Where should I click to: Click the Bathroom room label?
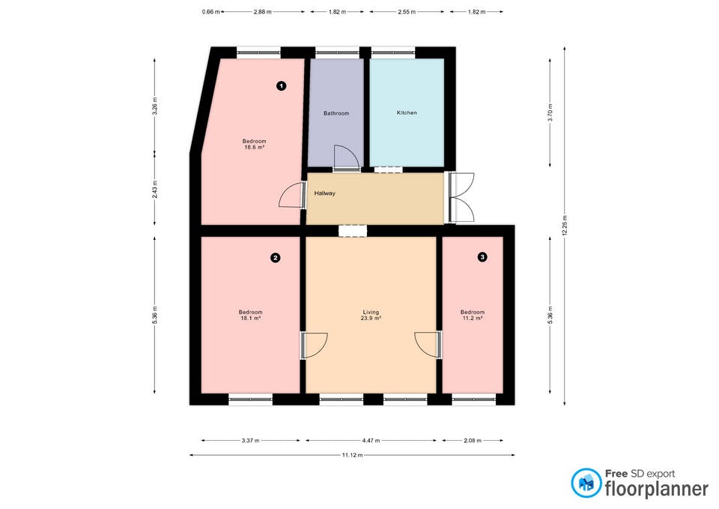[x=336, y=113]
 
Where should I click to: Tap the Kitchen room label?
[x=407, y=112]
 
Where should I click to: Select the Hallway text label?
[x=325, y=193]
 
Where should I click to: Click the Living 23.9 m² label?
[x=371, y=315]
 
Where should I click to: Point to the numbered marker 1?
[x=281, y=86]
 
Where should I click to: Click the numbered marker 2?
[x=276, y=258]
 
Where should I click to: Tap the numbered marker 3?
[x=482, y=257]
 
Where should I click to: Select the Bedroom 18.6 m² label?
[x=254, y=144]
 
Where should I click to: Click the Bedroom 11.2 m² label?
[x=472, y=315]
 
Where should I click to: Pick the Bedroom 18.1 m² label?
[x=250, y=315]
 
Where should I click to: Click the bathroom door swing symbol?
[x=345, y=157]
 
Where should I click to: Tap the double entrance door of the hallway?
[x=461, y=197]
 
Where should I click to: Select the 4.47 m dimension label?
[x=371, y=441]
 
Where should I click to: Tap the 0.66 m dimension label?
[x=210, y=12]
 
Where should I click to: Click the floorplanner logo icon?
[x=586, y=483]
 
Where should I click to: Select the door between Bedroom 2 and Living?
[x=315, y=345]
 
